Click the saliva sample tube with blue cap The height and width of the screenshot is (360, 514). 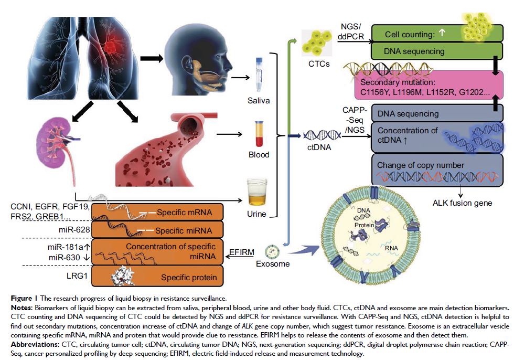tap(259, 75)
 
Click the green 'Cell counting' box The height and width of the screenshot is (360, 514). tap(414, 34)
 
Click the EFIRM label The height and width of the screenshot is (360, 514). tap(242, 252)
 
